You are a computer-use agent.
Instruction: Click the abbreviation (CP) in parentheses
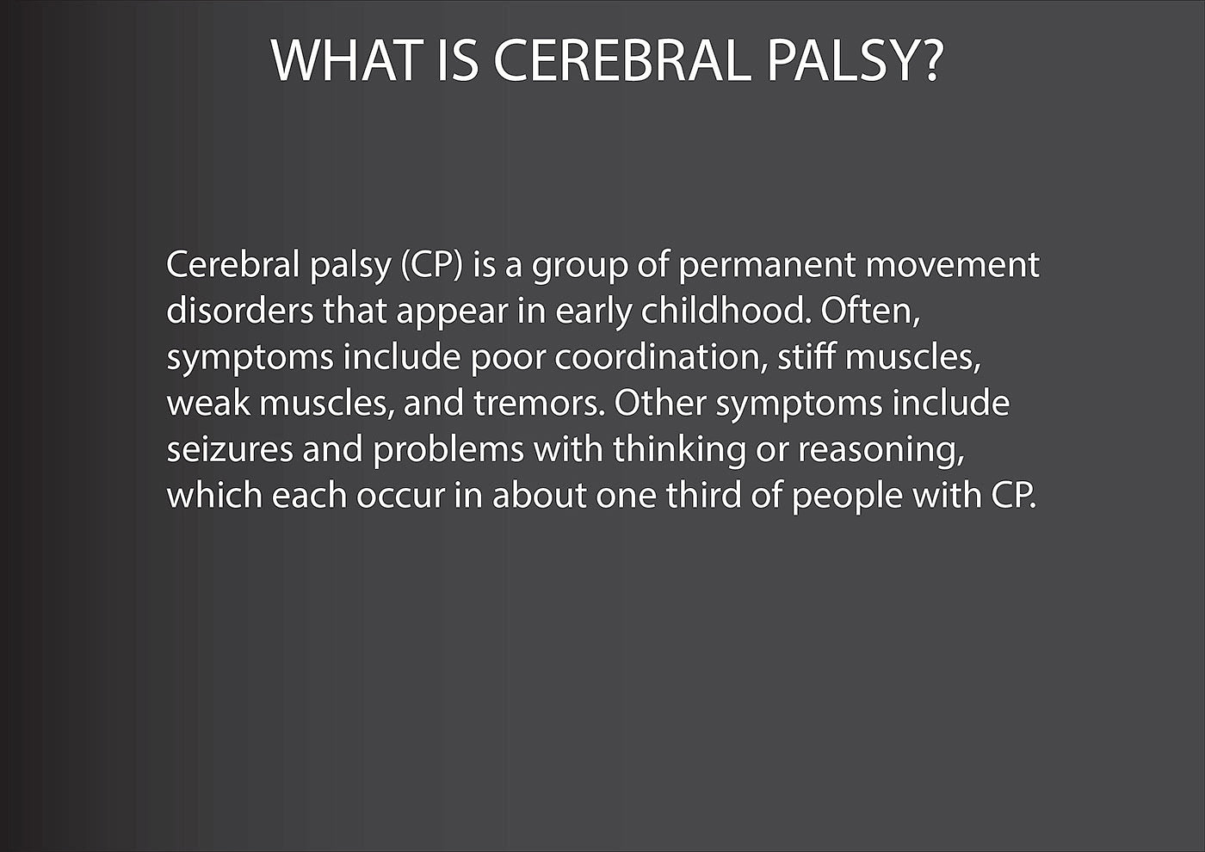tap(431, 265)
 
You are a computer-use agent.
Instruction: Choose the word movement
tap(952, 265)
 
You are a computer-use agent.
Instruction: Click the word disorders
tap(239, 311)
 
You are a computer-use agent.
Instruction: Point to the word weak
tap(208, 403)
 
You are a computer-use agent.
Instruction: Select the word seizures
tap(230, 449)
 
